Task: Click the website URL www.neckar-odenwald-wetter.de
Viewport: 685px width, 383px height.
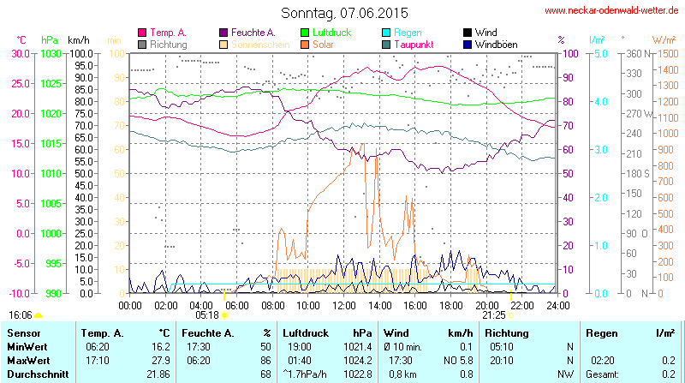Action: (612, 11)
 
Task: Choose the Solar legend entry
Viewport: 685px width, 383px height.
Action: (323, 44)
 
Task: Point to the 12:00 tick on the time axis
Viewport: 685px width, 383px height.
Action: (343, 305)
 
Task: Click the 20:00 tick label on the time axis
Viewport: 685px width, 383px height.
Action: (486, 305)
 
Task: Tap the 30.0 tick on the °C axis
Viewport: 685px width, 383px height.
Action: (20, 53)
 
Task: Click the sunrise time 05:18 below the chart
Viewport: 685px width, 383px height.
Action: (206, 314)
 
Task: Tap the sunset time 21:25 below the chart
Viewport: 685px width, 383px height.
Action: (494, 314)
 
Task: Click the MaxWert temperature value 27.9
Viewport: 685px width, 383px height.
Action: (159, 360)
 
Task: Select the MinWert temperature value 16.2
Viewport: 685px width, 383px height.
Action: (159, 346)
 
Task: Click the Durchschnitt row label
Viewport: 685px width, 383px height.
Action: (38, 374)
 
